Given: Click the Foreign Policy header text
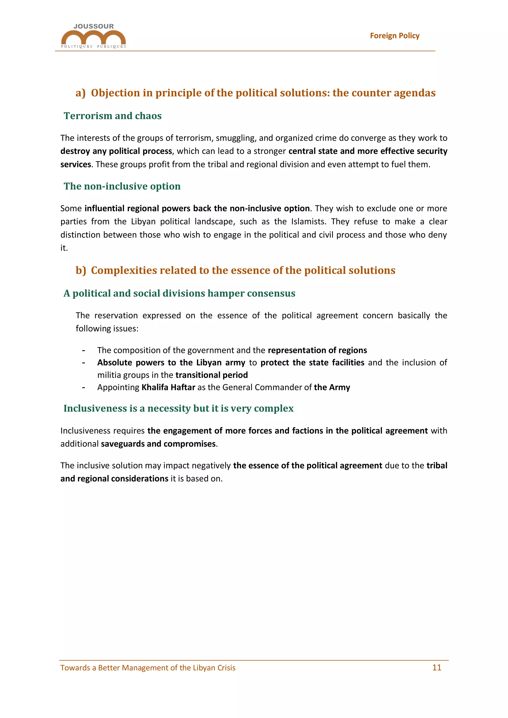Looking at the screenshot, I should tap(394, 36).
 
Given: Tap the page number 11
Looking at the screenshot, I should tap(436, 667).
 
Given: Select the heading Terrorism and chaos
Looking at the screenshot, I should tap(113, 116).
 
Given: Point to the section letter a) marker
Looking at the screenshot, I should tap(80, 93).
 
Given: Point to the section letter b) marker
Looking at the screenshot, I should tap(81, 270).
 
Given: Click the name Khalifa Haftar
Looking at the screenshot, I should tap(168, 387).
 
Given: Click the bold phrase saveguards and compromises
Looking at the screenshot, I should tap(158, 444).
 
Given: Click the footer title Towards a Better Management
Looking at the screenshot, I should tap(148, 668).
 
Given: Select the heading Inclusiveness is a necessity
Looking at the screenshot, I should tap(178, 408).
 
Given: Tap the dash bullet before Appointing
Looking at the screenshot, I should tap(84, 388).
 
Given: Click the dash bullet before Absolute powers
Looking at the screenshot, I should tap(84, 363).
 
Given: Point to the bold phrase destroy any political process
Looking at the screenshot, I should tap(116, 151).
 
